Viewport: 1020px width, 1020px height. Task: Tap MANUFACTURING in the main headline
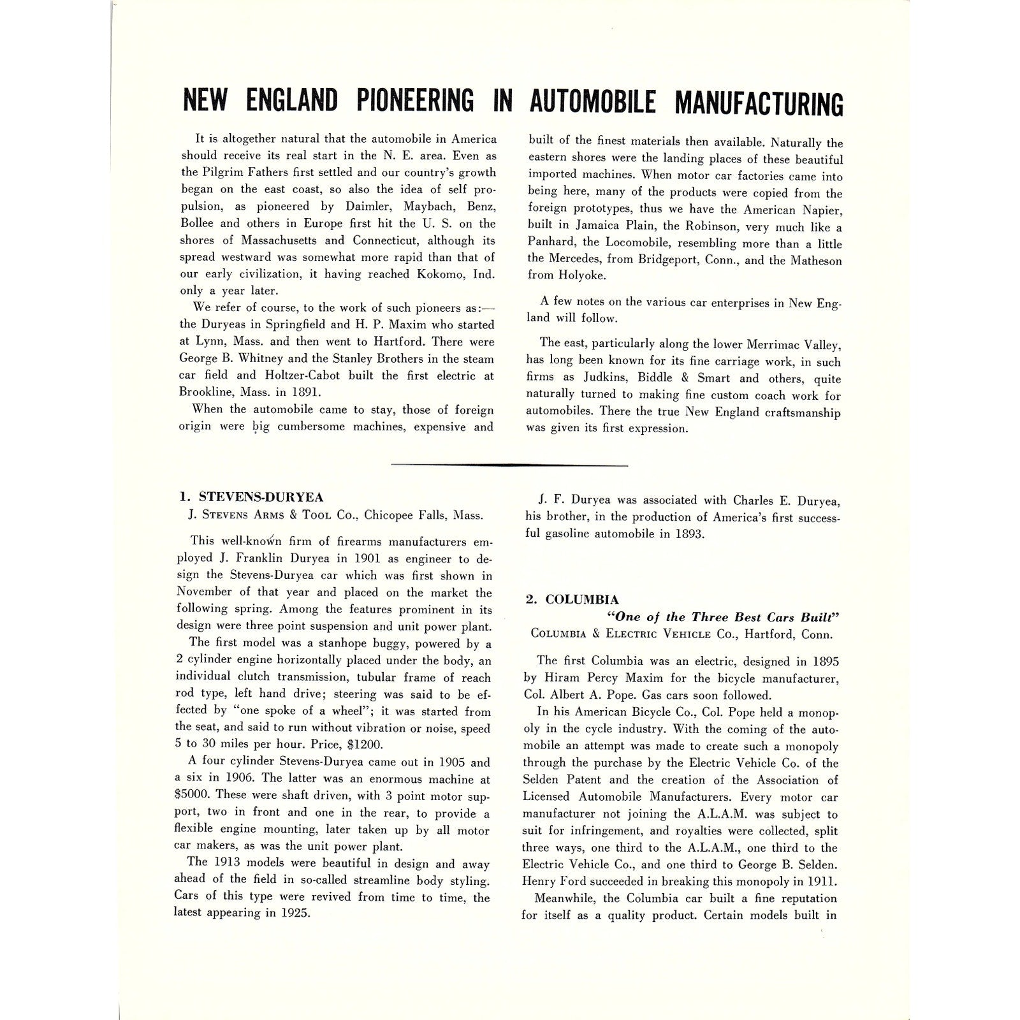(759, 103)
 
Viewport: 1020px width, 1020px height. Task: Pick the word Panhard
(550, 243)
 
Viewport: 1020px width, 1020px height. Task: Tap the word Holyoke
(584, 276)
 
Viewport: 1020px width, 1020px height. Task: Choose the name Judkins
(606, 378)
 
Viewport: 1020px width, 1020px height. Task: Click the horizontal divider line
(509, 465)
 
